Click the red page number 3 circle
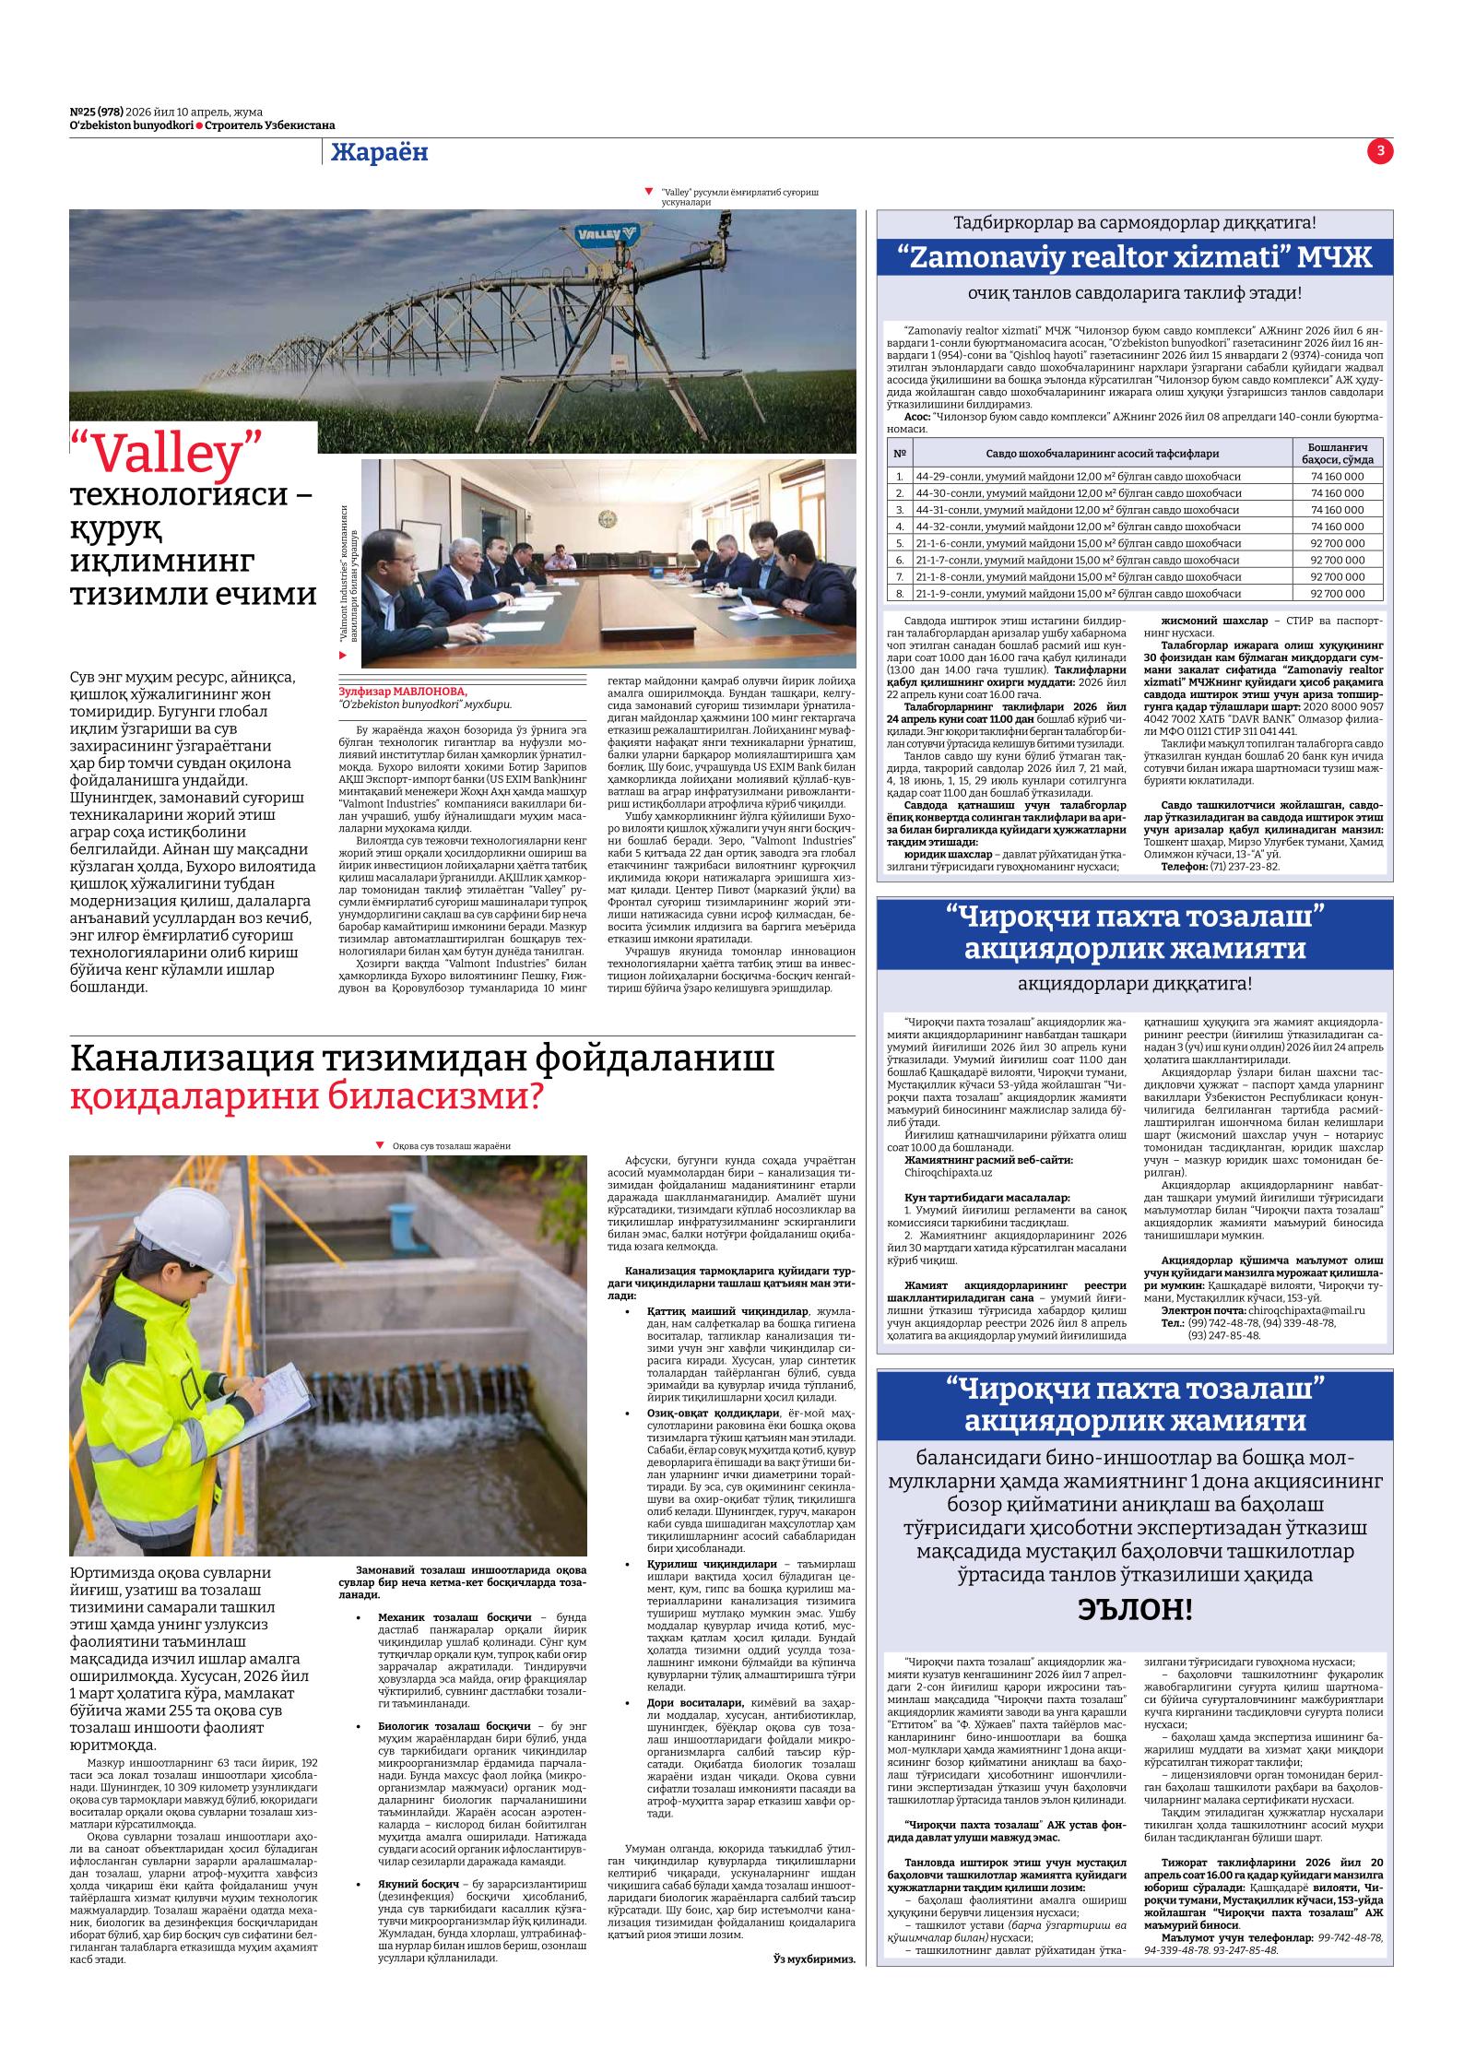[x=1380, y=151]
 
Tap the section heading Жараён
[x=380, y=152]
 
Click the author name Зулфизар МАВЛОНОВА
[x=403, y=691]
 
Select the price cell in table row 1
[x=1336, y=477]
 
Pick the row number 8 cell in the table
[x=898, y=593]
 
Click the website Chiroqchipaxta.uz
[x=948, y=1173]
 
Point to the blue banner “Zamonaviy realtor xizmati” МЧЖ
[x=1135, y=257]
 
